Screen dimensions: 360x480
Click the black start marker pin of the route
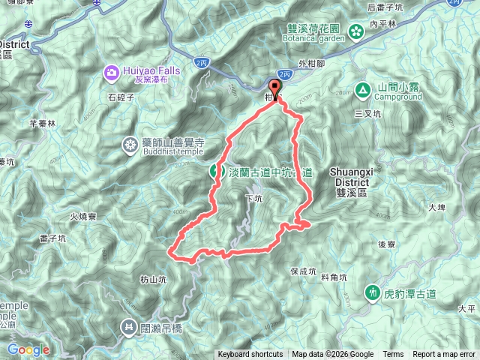274,91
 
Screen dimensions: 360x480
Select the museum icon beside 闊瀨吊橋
127,326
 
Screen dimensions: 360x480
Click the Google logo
28,349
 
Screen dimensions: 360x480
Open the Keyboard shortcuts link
250,355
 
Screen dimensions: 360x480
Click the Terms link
393,355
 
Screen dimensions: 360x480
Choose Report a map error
444,355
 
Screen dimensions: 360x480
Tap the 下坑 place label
254,199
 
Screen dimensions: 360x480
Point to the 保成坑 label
304,271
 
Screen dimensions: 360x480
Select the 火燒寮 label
84,216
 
